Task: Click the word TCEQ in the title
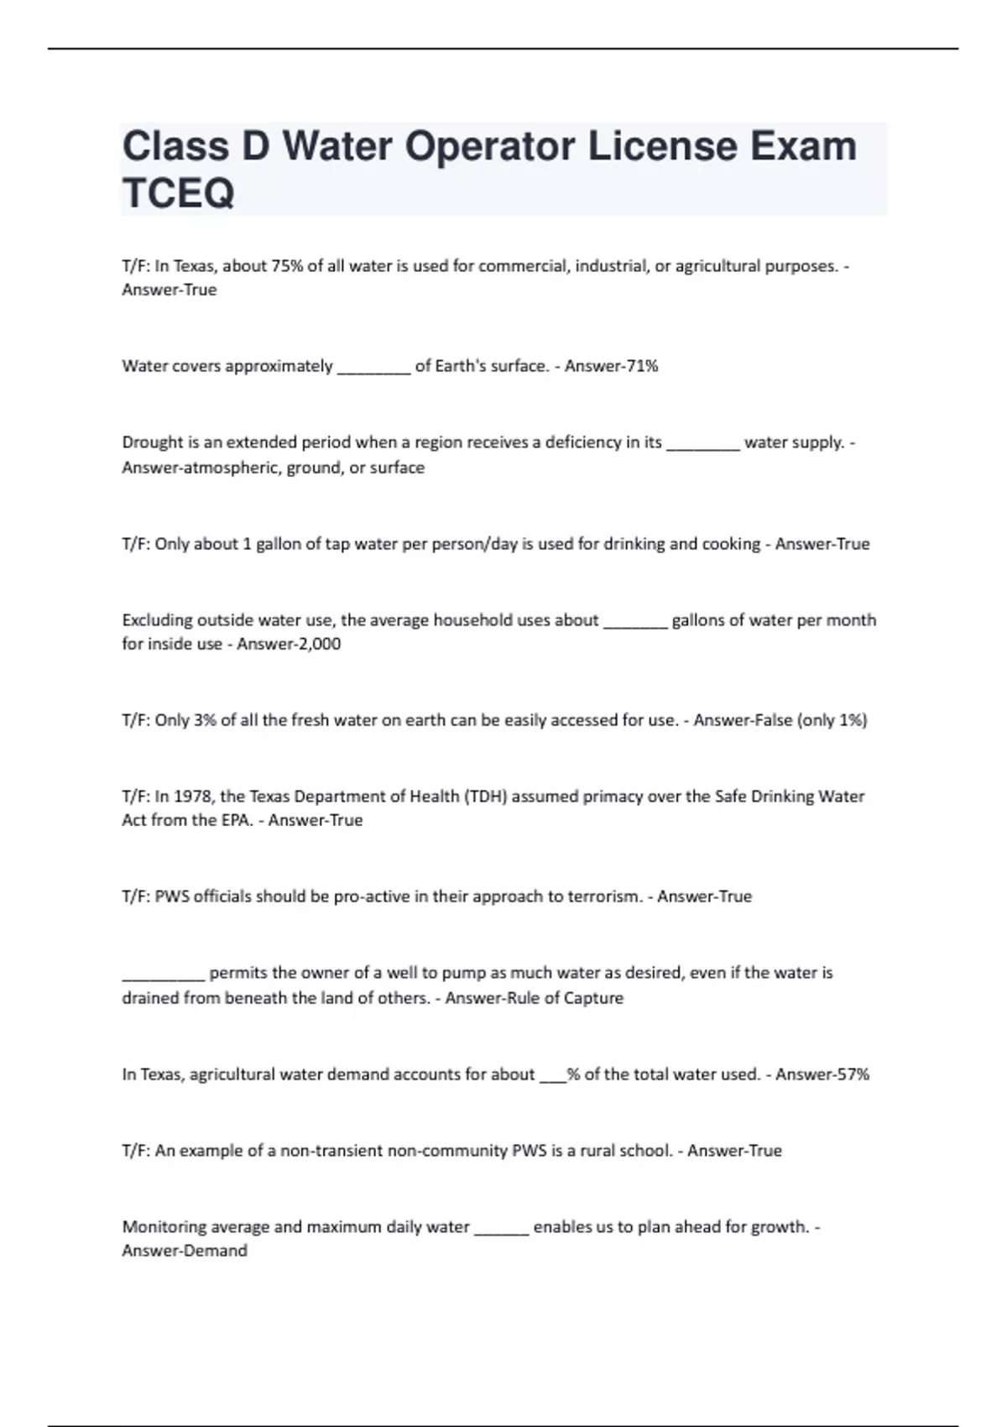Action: point(178,193)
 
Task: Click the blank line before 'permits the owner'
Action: point(163,975)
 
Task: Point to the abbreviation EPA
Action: point(236,820)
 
